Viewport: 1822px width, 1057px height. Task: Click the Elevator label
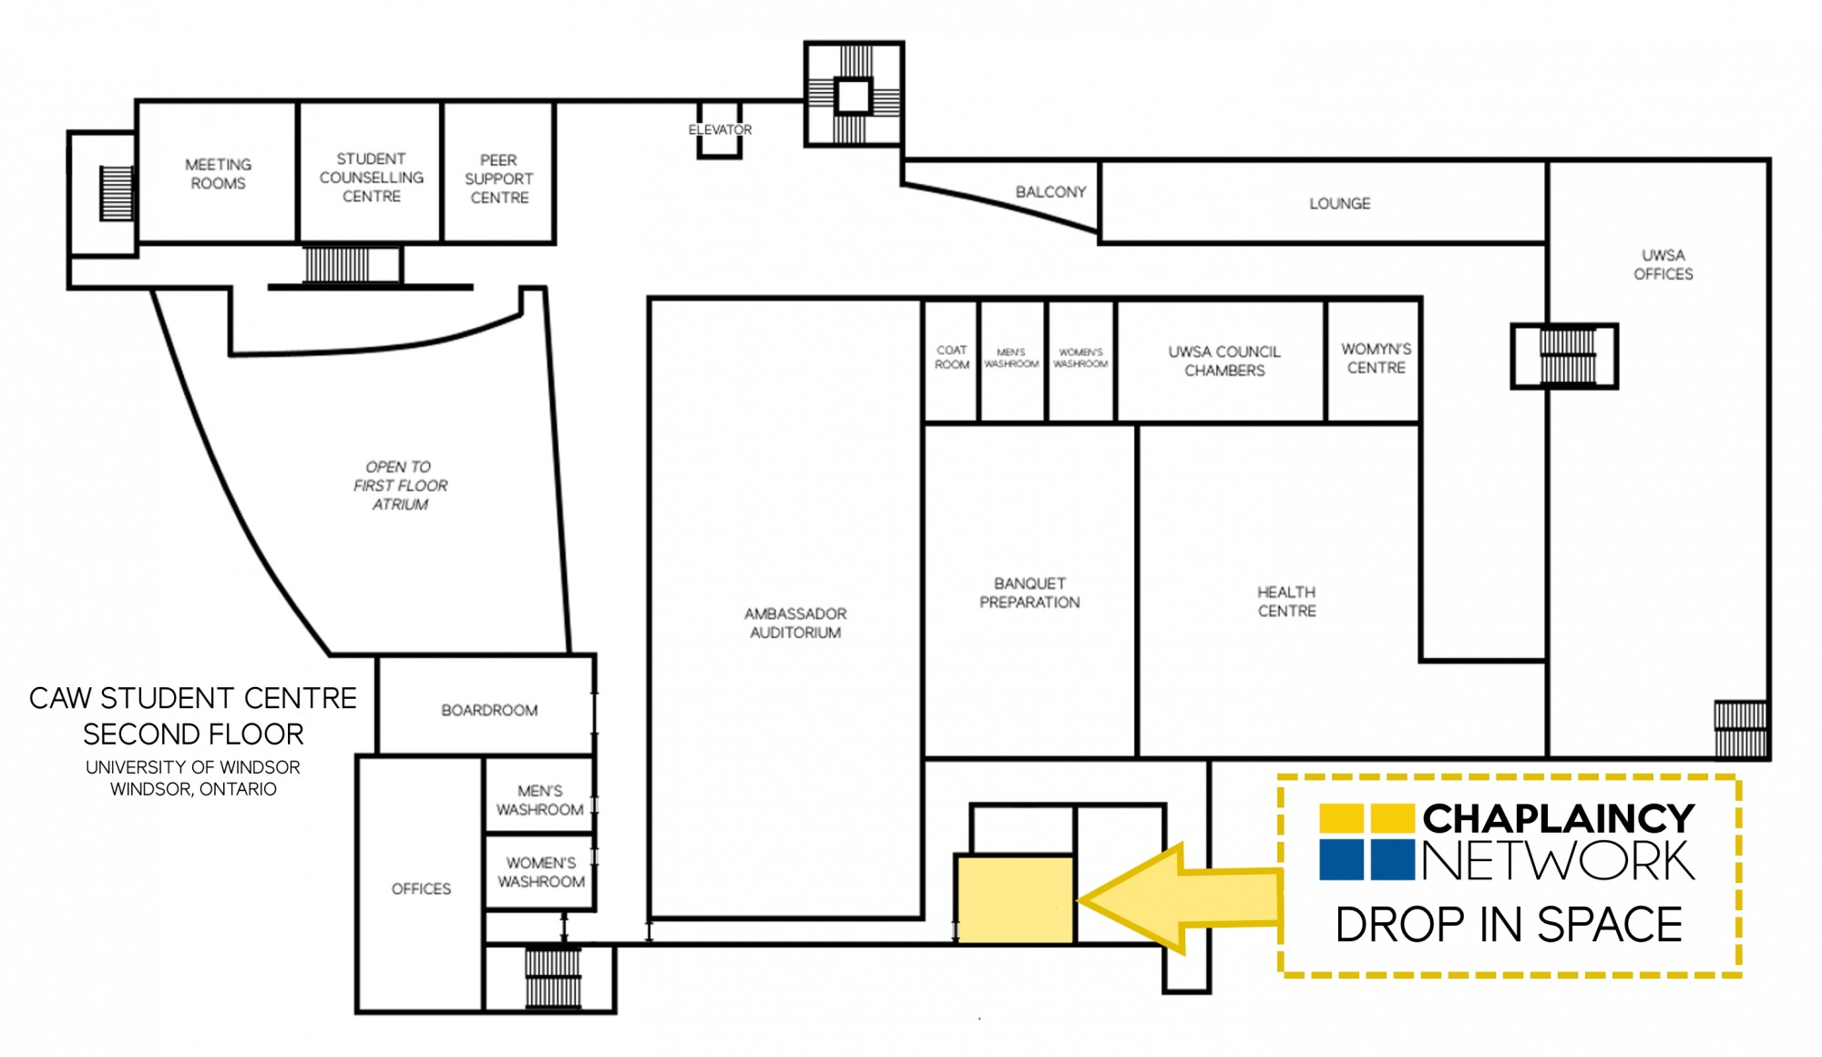[x=720, y=130]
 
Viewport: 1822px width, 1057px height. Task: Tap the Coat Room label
[x=952, y=357]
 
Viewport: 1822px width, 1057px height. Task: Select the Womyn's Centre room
[x=1374, y=361]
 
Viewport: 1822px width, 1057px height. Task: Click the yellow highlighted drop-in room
[x=1014, y=899]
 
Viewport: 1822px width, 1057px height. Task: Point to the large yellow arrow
[x=1180, y=898]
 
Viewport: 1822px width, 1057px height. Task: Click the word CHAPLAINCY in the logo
[x=1559, y=818]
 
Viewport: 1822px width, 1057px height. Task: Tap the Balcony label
[x=1050, y=192]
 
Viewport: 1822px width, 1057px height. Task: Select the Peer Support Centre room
[x=499, y=173]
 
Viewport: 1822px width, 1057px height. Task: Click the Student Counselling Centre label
[x=371, y=178]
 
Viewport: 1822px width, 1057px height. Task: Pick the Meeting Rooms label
[x=218, y=174]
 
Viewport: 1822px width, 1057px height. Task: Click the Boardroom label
[x=489, y=710]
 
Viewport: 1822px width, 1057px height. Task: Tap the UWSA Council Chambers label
[x=1224, y=361]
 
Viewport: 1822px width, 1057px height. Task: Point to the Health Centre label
[x=1286, y=601]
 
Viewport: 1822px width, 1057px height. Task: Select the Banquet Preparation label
[x=1029, y=592]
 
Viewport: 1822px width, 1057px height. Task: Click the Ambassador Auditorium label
[x=795, y=623]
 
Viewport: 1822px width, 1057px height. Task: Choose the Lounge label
[x=1339, y=203]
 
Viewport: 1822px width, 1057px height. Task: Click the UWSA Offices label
[x=1663, y=264]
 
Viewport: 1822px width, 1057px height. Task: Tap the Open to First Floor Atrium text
[x=400, y=486]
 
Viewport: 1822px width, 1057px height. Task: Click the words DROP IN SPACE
[x=1509, y=925]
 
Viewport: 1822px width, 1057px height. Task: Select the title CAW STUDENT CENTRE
[x=193, y=698]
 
